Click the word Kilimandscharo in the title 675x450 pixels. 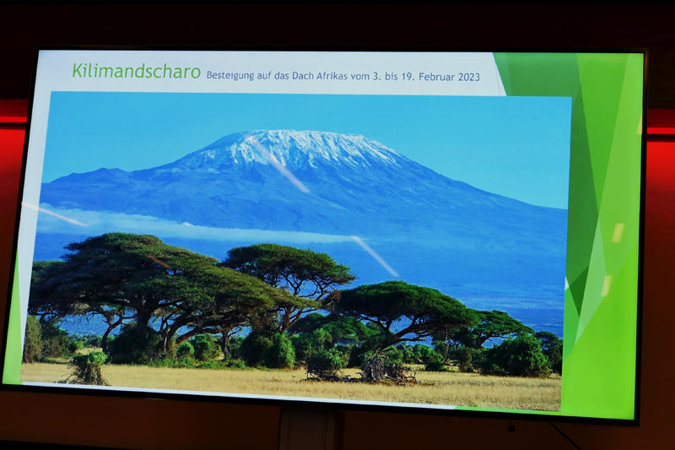[x=136, y=71]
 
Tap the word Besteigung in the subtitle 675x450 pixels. [x=230, y=75]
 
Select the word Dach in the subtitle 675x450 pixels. [x=303, y=75]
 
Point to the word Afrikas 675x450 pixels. [x=332, y=76]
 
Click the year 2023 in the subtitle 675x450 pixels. [x=469, y=77]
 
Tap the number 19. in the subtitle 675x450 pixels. [x=408, y=77]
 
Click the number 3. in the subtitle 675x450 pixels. [x=377, y=76]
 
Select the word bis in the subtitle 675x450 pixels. [x=391, y=76]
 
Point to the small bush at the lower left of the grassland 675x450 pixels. [x=89, y=368]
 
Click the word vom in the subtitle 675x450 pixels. [x=360, y=76]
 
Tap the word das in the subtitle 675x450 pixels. [x=282, y=75]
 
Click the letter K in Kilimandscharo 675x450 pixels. [x=77, y=70]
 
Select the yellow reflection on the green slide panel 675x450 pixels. [x=618, y=232]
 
